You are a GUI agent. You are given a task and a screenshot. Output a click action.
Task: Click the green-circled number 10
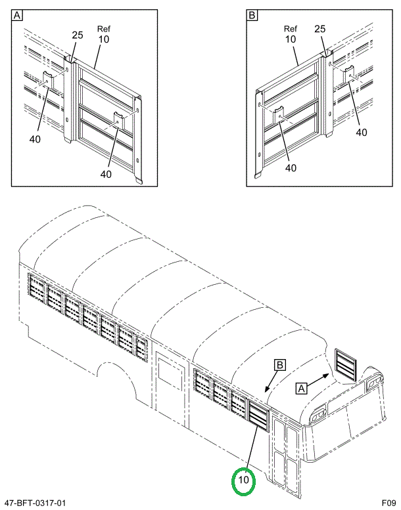[243, 480]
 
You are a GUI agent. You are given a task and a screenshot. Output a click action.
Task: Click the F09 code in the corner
[389, 503]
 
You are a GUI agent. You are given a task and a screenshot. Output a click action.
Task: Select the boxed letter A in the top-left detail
[17, 15]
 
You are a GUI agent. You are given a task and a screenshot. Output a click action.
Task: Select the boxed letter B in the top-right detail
[252, 15]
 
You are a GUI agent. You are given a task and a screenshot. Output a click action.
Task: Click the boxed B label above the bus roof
[280, 364]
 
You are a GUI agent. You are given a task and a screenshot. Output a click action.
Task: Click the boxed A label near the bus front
[302, 388]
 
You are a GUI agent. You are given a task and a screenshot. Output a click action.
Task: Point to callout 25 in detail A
[78, 35]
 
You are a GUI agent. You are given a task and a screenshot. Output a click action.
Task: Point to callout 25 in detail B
[320, 29]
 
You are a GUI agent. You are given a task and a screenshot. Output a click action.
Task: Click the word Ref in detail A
[104, 29]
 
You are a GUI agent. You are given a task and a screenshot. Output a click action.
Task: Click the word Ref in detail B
[291, 29]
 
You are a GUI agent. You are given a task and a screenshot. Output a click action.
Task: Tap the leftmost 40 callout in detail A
[35, 139]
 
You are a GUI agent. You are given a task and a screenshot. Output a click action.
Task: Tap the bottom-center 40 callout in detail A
[106, 175]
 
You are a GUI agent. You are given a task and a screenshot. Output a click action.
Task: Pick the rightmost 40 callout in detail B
[362, 133]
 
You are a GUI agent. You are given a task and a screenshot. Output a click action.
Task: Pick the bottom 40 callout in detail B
[291, 167]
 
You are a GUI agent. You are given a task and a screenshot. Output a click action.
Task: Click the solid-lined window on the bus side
[259, 415]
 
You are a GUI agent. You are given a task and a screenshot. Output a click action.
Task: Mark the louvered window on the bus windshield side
[346, 364]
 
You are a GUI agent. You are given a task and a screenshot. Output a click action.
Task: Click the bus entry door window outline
[170, 375]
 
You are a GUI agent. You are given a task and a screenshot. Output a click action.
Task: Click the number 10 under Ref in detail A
[104, 39]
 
